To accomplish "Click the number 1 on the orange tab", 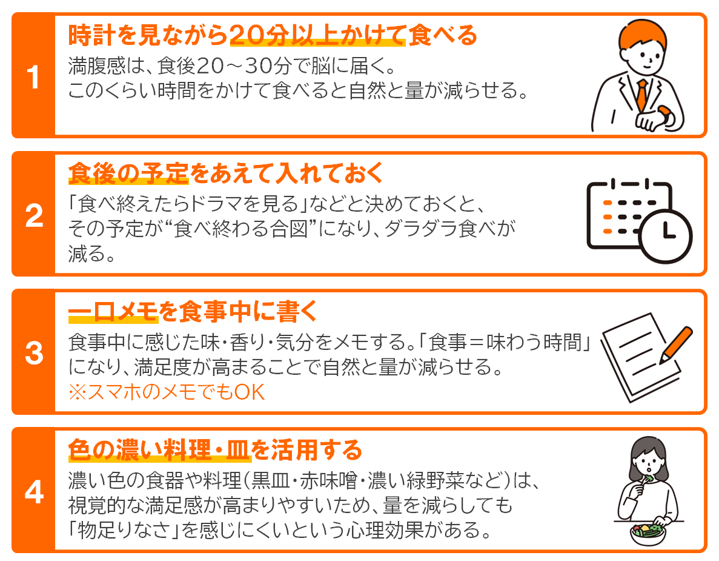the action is pyautogui.click(x=33, y=76).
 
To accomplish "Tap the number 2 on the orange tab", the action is pyautogui.click(x=34, y=215).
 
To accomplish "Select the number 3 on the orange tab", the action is pyautogui.click(x=34, y=353).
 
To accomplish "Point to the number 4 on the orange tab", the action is pyautogui.click(x=34, y=492).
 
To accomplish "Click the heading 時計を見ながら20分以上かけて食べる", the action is pyautogui.click(x=273, y=35).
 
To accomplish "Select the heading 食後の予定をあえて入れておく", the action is pyautogui.click(x=225, y=173).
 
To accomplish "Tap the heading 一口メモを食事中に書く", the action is pyautogui.click(x=193, y=311).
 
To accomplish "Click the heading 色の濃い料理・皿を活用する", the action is pyautogui.click(x=215, y=449).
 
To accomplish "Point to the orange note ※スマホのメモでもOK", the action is pyautogui.click(x=167, y=392).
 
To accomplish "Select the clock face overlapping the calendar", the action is pyautogui.click(x=665, y=236).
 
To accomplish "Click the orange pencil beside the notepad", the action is pyautogui.click(x=677, y=345).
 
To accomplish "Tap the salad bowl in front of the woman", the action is pyautogui.click(x=648, y=534).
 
